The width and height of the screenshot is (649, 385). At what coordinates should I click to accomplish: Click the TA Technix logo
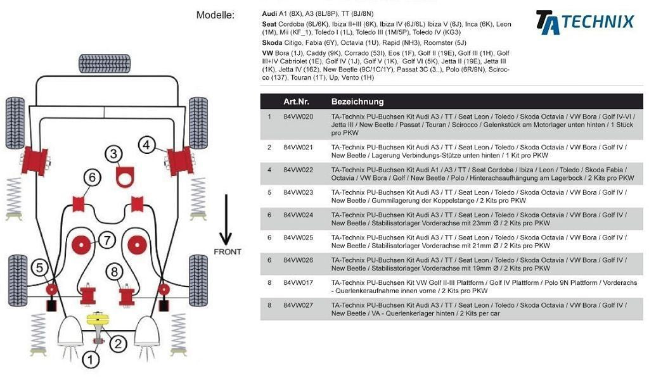[584, 22]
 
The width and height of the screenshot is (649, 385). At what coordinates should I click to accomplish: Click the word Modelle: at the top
[215, 15]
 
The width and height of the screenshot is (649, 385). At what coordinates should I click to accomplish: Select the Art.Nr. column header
[296, 101]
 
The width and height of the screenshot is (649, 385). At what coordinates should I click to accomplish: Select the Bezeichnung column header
[357, 101]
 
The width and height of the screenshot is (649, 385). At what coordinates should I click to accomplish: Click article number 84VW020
[298, 117]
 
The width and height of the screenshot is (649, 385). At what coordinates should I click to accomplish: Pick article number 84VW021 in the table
[298, 148]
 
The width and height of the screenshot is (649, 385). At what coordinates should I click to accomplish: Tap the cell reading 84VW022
[298, 170]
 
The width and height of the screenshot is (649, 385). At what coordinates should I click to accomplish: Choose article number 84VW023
[298, 192]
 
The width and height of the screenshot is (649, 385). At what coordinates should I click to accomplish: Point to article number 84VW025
[298, 237]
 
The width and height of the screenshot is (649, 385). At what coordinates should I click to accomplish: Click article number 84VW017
[298, 283]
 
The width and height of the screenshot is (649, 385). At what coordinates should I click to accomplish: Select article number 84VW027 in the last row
[298, 305]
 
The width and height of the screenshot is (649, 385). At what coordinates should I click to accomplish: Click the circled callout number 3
[113, 153]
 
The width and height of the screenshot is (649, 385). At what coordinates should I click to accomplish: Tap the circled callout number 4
[146, 145]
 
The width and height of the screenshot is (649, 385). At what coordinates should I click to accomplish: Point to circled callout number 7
[106, 241]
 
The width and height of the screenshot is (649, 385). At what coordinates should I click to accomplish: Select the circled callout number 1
[90, 360]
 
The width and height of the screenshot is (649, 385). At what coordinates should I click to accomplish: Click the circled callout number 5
[39, 268]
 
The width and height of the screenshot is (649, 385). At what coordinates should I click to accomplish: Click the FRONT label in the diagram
[227, 252]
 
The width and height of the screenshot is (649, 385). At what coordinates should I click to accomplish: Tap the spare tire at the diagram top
[105, 63]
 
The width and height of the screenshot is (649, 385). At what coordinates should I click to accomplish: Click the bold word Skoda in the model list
[272, 43]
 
